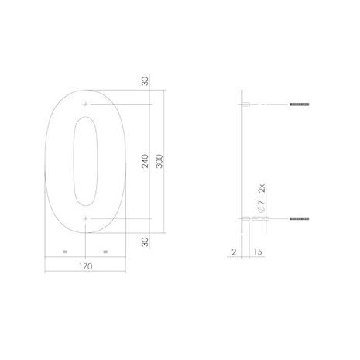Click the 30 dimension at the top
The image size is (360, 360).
pyautogui.click(x=145, y=82)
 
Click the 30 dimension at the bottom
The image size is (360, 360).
pyautogui.click(x=145, y=242)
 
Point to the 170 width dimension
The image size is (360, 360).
pyautogui.click(x=85, y=266)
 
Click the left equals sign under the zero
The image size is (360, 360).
pyautogui.click(x=65, y=252)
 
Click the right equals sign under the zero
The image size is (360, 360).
pyautogui.click(x=105, y=252)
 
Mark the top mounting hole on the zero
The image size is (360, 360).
pyautogui.click(x=85, y=105)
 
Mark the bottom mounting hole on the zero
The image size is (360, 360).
pyautogui.click(x=85, y=221)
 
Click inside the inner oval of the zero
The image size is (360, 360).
pyautogui.click(x=85, y=163)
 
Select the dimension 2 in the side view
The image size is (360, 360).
pyautogui.click(x=232, y=252)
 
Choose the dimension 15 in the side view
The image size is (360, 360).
pyautogui.click(x=257, y=252)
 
